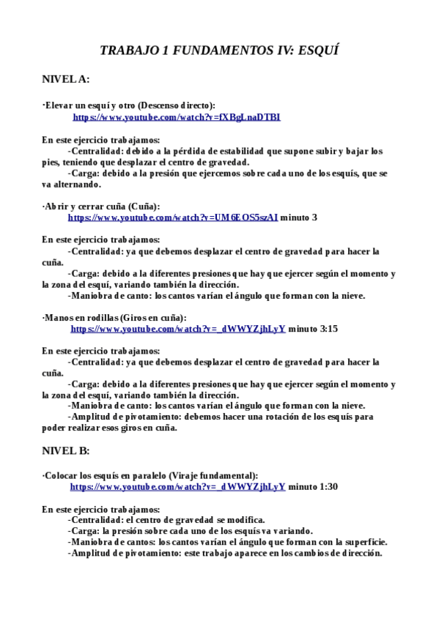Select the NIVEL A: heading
tap(65, 78)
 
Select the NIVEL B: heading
tap(65, 450)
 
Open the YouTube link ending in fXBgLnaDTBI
tap(176, 117)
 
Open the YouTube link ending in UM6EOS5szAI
tap(173, 217)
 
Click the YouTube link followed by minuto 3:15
tap(178, 329)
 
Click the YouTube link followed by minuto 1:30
tap(178, 486)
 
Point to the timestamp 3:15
tap(329, 329)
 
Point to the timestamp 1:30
tap(329, 486)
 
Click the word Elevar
tap(60, 105)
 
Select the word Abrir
tap(57, 207)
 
